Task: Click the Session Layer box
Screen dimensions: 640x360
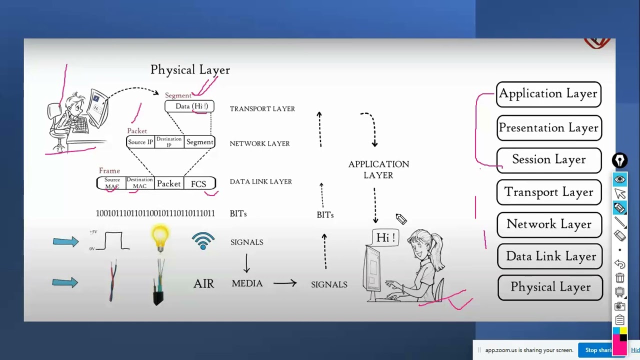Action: [x=548, y=159]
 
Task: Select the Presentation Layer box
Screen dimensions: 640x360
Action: [x=548, y=128]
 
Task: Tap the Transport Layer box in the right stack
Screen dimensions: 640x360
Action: [x=548, y=192]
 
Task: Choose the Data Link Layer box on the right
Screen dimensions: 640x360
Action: [x=550, y=256]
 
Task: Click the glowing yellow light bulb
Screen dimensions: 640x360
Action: [x=160, y=237]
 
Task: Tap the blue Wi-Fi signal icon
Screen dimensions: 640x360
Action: [x=203, y=241]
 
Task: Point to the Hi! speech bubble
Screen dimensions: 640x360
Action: [x=385, y=237]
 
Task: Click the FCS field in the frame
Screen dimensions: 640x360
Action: [x=198, y=184]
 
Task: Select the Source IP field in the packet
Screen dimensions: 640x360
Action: [x=140, y=142]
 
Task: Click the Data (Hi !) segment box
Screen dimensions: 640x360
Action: [x=189, y=106]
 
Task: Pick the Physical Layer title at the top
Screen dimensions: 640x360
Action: [x=190, y=70]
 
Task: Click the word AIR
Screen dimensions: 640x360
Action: [x=203, y=284]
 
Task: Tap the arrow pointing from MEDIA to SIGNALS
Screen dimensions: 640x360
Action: [x=285, y=283]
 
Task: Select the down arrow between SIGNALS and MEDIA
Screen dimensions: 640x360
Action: [x=246, y=262]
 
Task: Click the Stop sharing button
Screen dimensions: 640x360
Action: [x=599, y=350]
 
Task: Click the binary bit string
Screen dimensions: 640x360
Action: [x=155, y=213]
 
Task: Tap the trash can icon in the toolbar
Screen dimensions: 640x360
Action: [x=620, y=278]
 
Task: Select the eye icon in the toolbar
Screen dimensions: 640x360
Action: [x=620, y=179]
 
